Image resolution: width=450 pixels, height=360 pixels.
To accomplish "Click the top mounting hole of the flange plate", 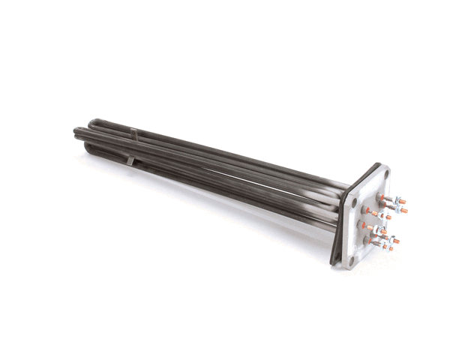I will (387, 175).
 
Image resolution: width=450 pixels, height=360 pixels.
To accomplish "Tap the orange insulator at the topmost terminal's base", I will (381, 196).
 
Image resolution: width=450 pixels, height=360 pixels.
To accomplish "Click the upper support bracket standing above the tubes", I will (133, 133).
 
